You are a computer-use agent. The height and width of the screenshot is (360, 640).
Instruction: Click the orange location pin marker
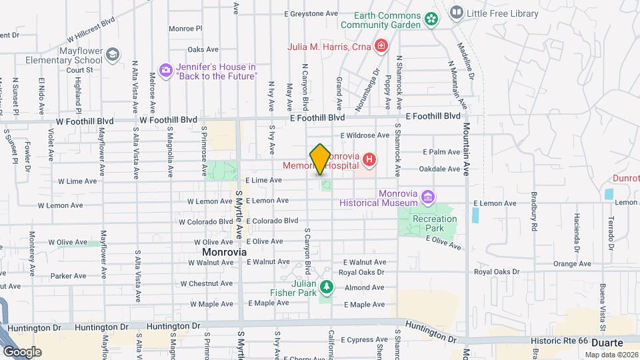[320, 159]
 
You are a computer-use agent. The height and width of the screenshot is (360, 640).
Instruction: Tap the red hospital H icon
[369, 159]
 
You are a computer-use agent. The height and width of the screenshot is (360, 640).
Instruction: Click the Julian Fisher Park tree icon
[326, 287]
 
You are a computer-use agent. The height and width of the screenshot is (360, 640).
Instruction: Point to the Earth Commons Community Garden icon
[432, 19]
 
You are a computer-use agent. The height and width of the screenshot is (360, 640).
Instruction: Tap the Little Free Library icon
[457, 11]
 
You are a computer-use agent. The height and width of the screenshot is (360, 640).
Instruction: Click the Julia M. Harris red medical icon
[381, 46]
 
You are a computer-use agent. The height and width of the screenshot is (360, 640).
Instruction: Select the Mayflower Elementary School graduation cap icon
[113, 54]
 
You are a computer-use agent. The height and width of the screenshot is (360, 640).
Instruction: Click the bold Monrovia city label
[224, 253]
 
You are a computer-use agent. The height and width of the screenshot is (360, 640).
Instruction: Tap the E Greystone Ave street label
[311, 13]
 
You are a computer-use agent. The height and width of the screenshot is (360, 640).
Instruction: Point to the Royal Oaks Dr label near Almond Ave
[362, 272]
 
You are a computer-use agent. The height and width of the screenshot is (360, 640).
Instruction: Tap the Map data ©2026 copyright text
[611, 355]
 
